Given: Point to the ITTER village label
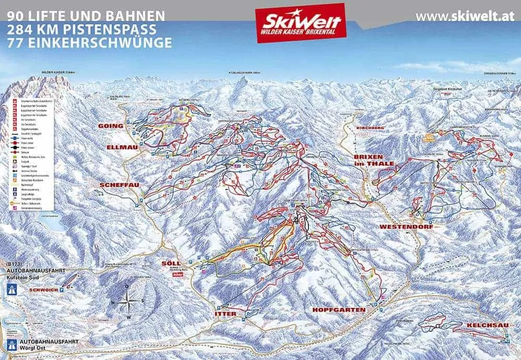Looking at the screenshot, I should (x=225, y=314).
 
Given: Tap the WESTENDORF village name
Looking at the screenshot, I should (x=407, y=227).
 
